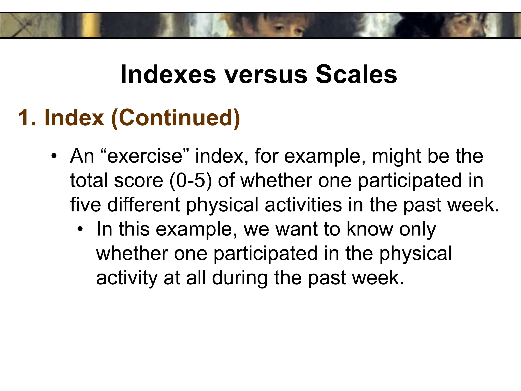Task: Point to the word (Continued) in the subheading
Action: (176, 118)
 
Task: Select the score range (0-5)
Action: (191, 180)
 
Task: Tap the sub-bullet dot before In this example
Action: (80, 229)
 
